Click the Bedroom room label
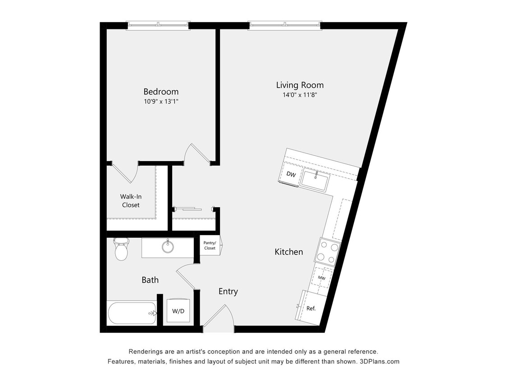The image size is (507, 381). (161, 92)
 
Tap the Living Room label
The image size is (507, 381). (300, 85)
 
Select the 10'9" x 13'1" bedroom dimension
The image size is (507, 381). (161, 102)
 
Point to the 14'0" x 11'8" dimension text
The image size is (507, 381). (300, 95)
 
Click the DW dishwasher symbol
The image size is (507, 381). (291, 174)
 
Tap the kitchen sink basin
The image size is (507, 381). (315, 181)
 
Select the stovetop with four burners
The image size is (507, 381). (328, 251)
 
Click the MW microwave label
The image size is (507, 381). (322, 278)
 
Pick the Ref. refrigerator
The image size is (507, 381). (311, 308)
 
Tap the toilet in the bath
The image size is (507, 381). (121, 250)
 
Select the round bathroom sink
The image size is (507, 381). (168, 247)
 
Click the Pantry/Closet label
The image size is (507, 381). (210, 246)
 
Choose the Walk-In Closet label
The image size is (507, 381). (131, 200)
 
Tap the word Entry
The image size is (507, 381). (228, 292)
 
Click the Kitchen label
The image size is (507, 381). (289, 252)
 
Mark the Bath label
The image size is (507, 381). (150, 280)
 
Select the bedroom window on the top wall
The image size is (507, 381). (158, 26)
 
